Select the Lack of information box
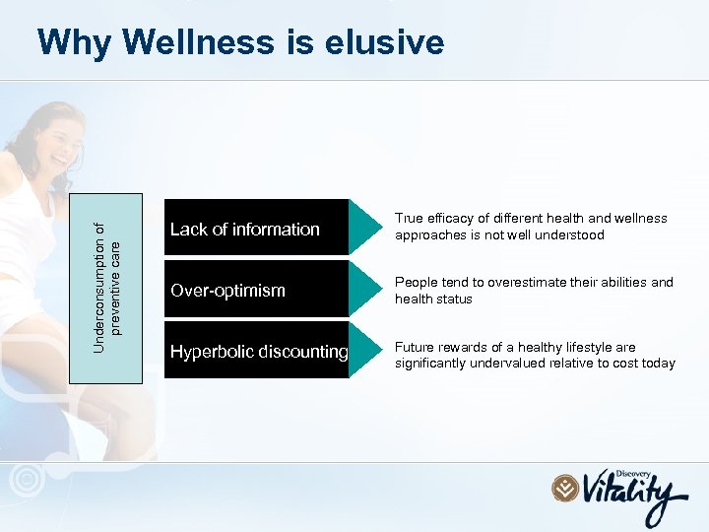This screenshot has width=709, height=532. tap(256, 229)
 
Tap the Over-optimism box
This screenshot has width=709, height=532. tap(256, 290)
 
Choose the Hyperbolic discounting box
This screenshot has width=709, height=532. tap(256, 351)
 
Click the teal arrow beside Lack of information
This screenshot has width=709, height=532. tap(365, 229)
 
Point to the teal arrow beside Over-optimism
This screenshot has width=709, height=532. tap(365, 290)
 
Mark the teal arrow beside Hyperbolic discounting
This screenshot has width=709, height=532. tap(365, 351)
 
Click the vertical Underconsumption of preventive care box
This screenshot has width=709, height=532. tap(105, 287)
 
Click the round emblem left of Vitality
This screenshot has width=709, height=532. tap(565, 489)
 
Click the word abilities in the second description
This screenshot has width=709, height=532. tap(613, 283)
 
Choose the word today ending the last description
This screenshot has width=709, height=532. tap(658, 364)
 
